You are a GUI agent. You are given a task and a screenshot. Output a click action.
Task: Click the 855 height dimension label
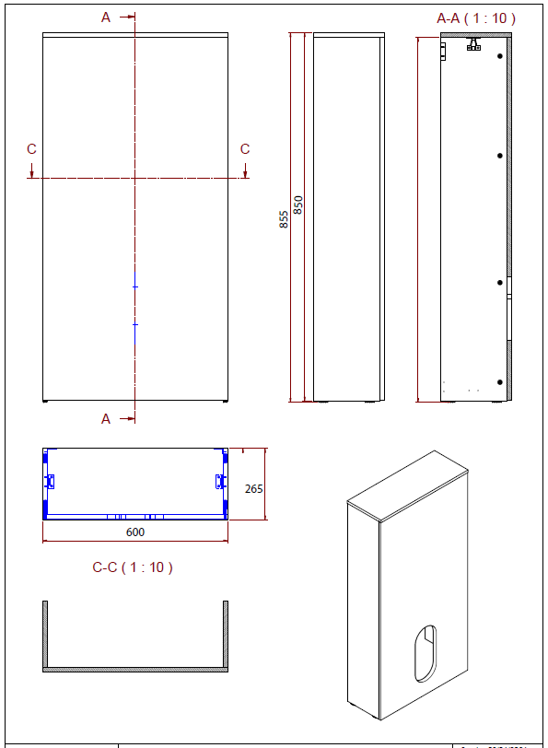(284, 218)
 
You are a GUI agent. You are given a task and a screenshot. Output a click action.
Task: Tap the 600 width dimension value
(135, 532)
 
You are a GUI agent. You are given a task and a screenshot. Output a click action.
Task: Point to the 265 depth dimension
(254, 488)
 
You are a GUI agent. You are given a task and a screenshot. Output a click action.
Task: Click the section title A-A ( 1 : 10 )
(475, 18)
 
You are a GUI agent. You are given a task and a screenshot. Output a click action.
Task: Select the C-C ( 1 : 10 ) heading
(133, 567)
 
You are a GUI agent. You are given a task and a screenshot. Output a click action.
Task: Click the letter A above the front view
(106, 18)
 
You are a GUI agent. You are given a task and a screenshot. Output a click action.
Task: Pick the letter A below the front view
(106, 418)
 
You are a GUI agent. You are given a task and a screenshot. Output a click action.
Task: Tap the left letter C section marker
(31, 149)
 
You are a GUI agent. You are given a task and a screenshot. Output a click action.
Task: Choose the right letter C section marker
(245, 149)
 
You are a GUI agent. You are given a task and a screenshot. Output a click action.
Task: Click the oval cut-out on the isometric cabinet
(426, 641)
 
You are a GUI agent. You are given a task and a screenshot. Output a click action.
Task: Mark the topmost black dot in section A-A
(500, 55)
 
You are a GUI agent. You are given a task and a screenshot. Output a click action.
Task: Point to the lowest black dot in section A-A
(500, 381)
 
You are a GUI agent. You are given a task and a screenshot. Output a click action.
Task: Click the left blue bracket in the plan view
(51, 481)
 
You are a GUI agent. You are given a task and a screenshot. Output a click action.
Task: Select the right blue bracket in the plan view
(219, 481)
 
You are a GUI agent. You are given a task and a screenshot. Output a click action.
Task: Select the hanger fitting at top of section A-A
(474, 44)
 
